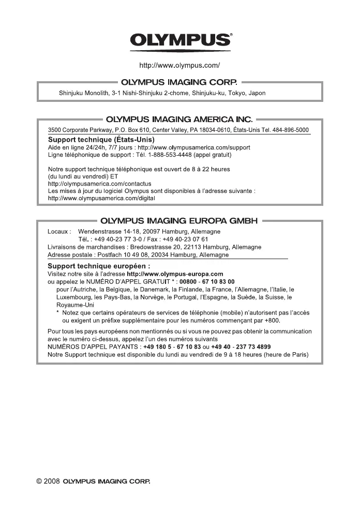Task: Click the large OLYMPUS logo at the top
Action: (x=180, y=40)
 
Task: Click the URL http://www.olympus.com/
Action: (x=180, y=66)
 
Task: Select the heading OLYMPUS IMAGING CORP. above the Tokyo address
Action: (x=179, y=82)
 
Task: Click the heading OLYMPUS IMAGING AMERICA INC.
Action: (x=179, y=121)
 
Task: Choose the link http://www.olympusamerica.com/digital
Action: (x=101, y=198)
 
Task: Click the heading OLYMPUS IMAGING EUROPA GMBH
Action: (x=179, y=222)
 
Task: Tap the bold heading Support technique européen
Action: (x=99, y=266)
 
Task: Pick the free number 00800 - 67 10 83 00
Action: (x=206, y=281)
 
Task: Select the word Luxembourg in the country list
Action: (x=75, y=297)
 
